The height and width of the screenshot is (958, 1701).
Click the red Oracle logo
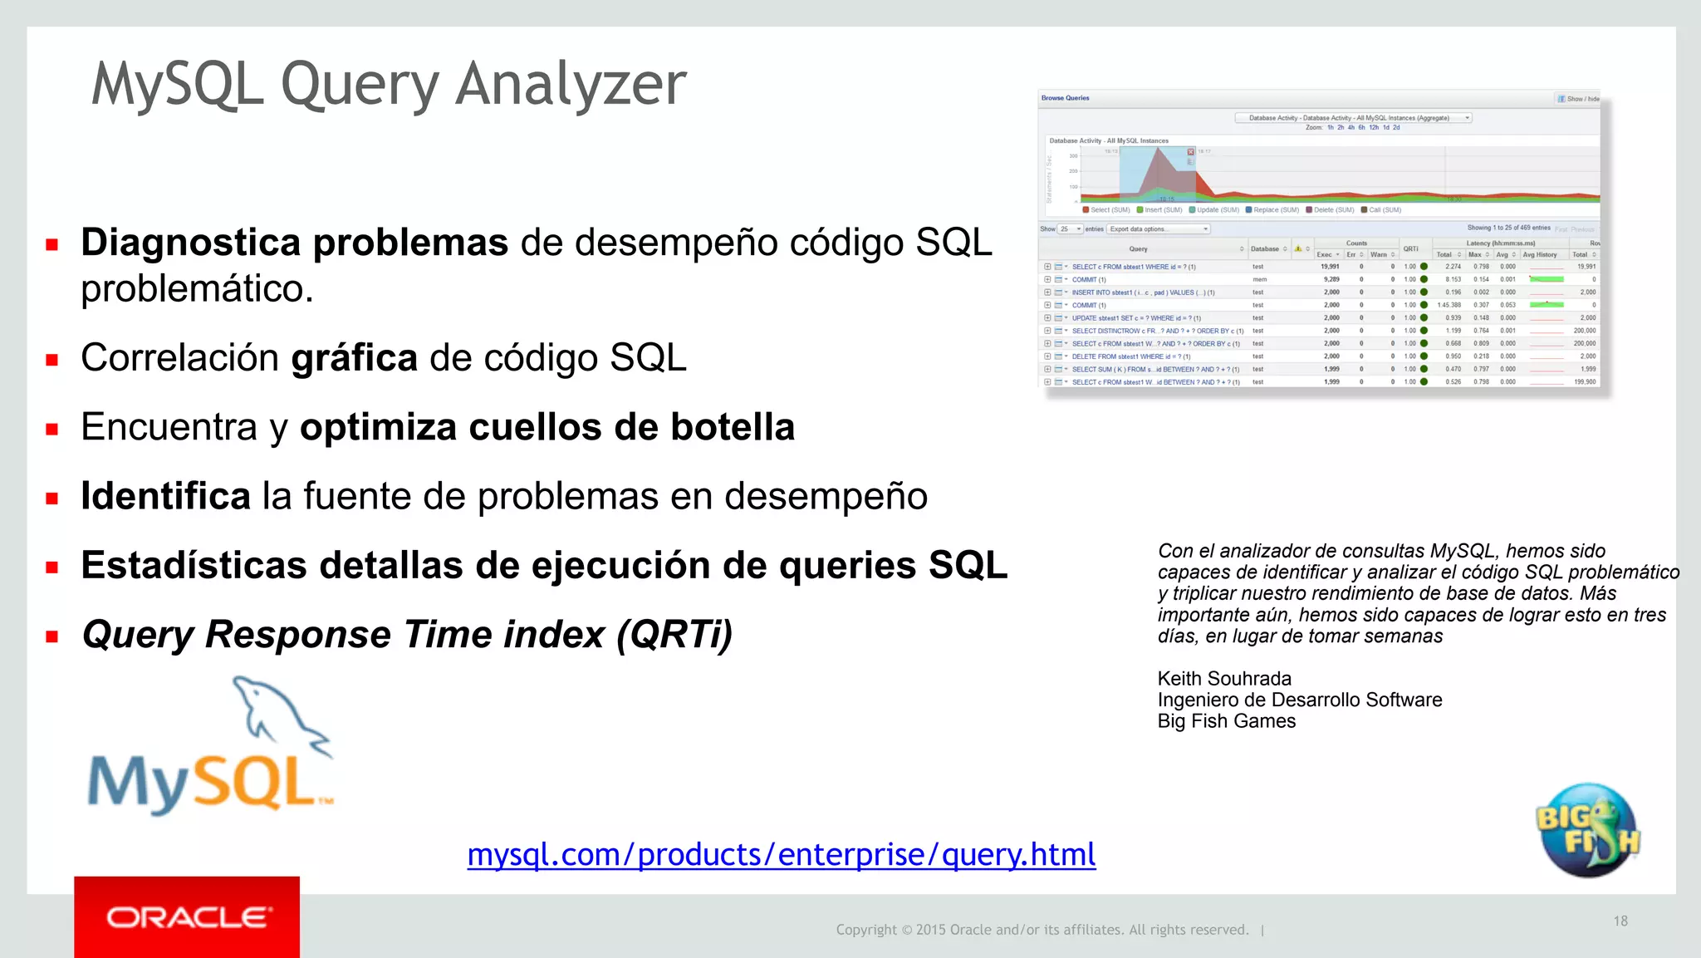(187, 917)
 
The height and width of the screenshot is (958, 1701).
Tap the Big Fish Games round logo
(1587, 829)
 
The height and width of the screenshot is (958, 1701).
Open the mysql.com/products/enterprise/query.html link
(781, 854)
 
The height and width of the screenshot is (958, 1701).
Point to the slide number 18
(1620, 921)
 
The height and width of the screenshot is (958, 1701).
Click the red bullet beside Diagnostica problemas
(52, 244)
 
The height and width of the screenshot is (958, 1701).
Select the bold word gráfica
(354, 358)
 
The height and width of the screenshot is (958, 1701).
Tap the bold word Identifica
(165, 496)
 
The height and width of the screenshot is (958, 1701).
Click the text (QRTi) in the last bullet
(674, 635)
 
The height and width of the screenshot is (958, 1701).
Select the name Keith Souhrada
(1223, 679)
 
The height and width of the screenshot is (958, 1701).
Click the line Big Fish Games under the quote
(1226, 721)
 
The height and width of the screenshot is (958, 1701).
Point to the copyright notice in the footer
(1042, 930)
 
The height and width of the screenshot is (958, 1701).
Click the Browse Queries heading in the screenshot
(1065, 98)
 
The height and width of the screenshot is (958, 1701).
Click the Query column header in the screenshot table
(1138, 249)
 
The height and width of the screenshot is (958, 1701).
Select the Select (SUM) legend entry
(1108, 210)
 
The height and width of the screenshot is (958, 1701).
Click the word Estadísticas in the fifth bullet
(194, 566)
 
